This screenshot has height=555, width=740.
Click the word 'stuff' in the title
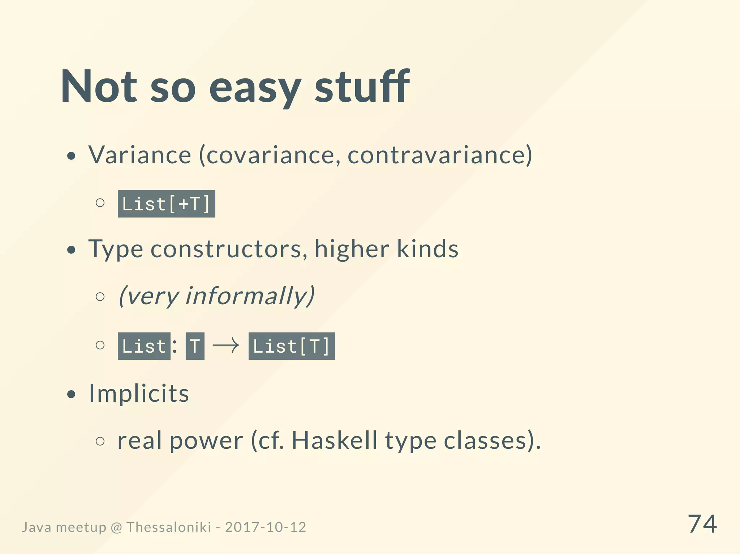[x=362, y=87]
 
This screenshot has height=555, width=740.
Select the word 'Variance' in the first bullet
[x=140, y=155]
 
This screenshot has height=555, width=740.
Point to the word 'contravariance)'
[x=440, y=155]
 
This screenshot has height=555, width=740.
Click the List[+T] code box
[x=166, y=204]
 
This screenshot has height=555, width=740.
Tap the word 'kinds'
[x=427, y=249]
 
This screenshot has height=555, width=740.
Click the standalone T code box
[x=195, y=346]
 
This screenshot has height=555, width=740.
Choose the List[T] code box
[x=292, y=346]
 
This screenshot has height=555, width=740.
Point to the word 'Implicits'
[x=139, y=393]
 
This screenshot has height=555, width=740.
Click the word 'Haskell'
[x=334, y=440]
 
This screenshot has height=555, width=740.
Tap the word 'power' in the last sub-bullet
[x=206, y=441]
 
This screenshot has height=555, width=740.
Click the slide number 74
[x=702, y=524]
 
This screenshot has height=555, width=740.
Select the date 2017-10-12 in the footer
[x=266, y=527]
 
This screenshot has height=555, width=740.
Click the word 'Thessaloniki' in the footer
[x=168, y=527]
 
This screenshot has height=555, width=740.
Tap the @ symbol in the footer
[x=116, y=528]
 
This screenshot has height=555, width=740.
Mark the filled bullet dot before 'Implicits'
[x=72, y=395]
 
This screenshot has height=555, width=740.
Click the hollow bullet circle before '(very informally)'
[x=100, y=297]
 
